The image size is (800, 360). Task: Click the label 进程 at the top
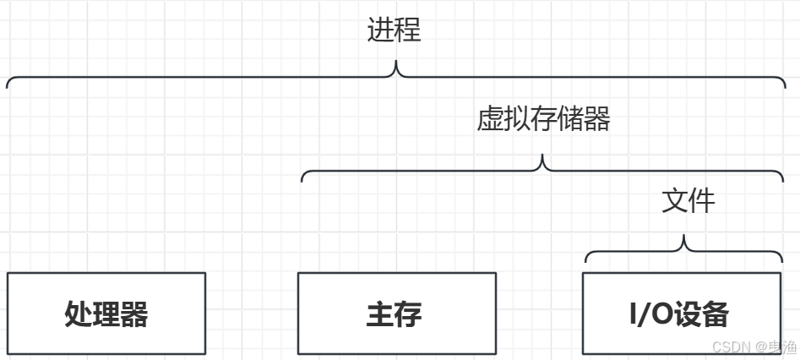(x=394, y=30)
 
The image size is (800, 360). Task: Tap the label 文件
(x=688, y=200)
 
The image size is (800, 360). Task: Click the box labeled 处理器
(x=106, y=314)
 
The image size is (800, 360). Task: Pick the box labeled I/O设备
(x=679, y=314)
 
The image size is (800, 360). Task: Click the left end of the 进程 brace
(x=8, y=85)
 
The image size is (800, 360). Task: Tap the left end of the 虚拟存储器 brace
(x=302, y=179)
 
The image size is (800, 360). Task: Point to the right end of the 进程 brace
(x=783, y=85)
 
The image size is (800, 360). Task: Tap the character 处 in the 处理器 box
(x=79, y=314)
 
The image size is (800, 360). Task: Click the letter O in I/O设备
(x=660, y=314)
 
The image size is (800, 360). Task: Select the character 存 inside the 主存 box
(x=408, y=314)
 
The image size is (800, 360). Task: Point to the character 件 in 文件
(x=701, y=200)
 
